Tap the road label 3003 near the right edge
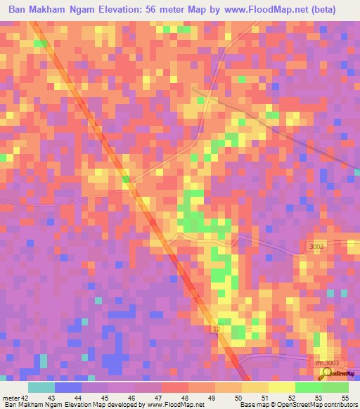tap(317, 246)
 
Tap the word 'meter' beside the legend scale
tap(10, 398)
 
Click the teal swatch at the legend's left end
tap(41, 387)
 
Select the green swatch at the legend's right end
tap(335, 387)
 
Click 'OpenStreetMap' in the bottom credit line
tap(291, 405)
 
